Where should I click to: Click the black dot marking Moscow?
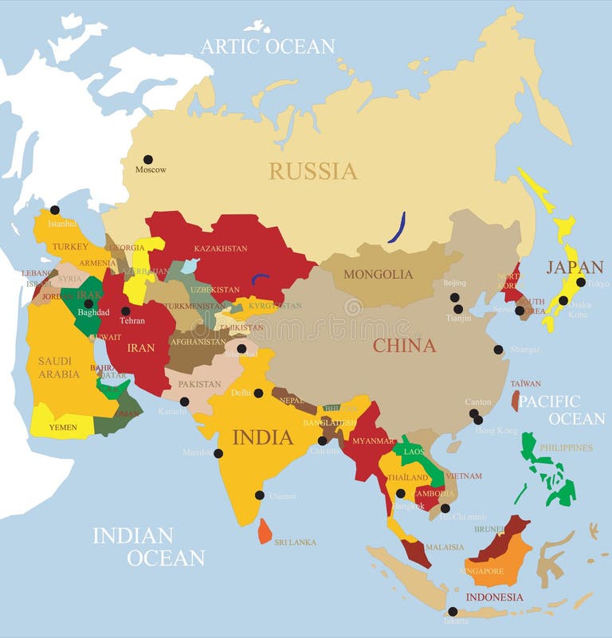coord(147,159)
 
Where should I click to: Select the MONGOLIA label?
coord(378,275)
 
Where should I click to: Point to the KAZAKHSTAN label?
coord(221,249)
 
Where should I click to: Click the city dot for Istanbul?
coord(54,210)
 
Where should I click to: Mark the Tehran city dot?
coord(125,311)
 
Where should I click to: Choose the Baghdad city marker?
coord(88,303)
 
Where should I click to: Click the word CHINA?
coord(404,346)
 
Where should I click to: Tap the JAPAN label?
coord(575,267)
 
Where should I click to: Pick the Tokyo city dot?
coord(581,282)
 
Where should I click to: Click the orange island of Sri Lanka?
coord(265,530)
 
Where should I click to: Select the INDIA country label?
coord(262,437)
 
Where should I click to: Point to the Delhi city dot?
coord(258,393)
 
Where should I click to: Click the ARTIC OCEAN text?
coord(267,46)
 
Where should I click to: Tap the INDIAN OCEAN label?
coord(148,546)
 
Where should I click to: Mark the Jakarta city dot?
coord(453,612)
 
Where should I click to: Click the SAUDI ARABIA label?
coord(59,368)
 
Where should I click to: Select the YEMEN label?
coord(63,428)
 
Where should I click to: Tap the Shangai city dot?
coord(498,349)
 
